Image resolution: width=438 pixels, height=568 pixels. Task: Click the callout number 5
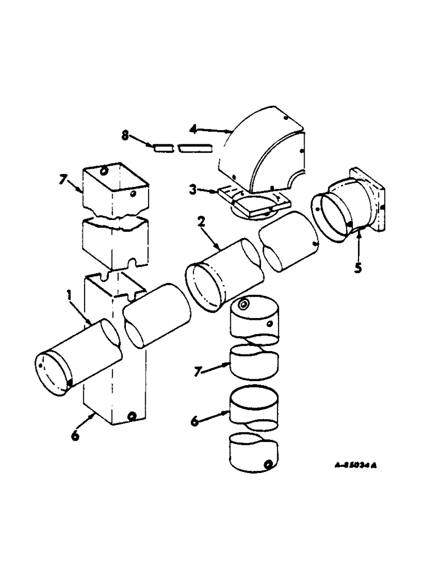tap(358, 268)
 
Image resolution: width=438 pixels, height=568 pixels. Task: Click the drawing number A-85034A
tap(355, 465)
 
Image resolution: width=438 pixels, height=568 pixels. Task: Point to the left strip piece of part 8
tap(163, 148)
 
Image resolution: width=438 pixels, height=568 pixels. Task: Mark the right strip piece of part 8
tap(194, 148)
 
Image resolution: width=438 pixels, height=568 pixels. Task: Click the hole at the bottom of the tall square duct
tap(132, 416)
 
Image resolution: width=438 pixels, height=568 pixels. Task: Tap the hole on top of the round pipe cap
tap(245, 305)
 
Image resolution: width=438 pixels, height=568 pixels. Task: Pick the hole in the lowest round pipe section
tap(267, 465)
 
